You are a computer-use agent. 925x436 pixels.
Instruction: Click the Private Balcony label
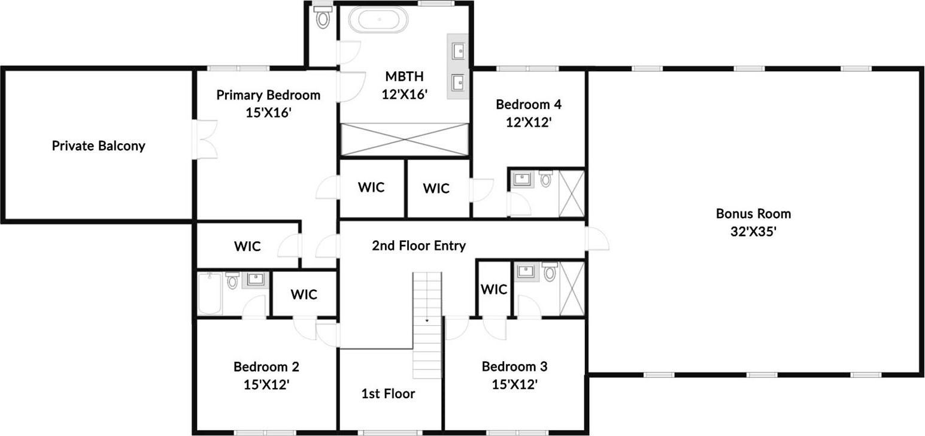[x=98, y=146]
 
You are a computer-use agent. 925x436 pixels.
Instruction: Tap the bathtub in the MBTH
[x=378, y=20]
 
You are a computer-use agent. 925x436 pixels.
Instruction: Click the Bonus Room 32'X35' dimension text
[x=753, y=231]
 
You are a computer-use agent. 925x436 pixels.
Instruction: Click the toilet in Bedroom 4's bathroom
[x=545, y=178]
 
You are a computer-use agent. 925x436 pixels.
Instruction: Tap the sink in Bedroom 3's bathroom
[x=526, y=271]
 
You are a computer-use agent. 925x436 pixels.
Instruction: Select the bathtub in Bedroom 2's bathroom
[x=210, y=293]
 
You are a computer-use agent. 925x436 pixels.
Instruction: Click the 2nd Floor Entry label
[x=418, y=246]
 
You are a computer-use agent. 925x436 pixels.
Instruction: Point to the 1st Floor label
[x=388, y=393]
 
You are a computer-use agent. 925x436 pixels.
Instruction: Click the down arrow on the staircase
[x=427, y=321]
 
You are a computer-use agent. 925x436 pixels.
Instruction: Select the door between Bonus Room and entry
[x=596, y=239]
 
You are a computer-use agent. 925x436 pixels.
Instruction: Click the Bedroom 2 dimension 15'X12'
[x=266, y=384]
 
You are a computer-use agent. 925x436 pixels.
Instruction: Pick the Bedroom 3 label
[x=514, y=367]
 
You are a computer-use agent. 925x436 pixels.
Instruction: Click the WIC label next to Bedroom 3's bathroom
[x=494, y=289]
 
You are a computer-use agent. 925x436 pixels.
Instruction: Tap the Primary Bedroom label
[x=268, y=95]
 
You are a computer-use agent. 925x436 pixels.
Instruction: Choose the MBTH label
[x=404, y=77]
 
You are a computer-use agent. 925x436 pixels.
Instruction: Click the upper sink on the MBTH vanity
[x=459, y=51]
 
